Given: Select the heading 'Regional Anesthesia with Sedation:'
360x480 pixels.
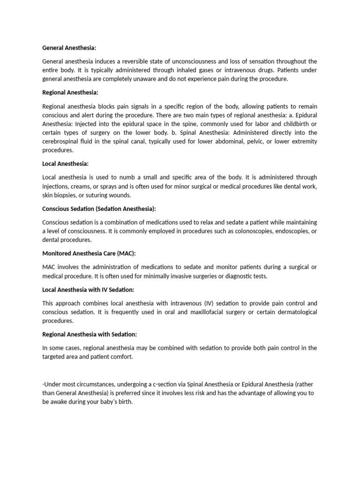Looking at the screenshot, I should tap(90, 334).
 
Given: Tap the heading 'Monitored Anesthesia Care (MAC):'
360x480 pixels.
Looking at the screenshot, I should tap(89, 253).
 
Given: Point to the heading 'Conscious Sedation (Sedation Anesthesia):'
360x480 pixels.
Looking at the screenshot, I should tap(99, 209).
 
